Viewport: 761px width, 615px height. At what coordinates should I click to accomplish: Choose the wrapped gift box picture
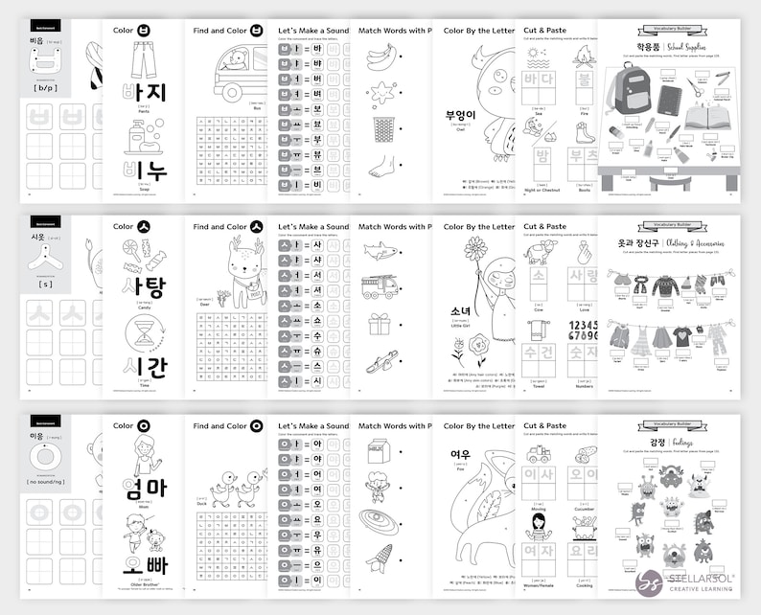[x=380, y=325]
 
